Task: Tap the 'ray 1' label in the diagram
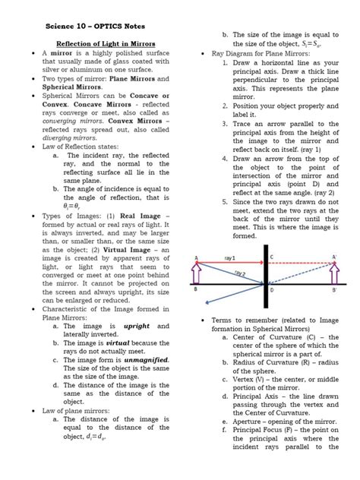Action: [x=230, y=259]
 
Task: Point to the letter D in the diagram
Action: [x=272, y=289]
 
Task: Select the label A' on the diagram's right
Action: [x=335, y=257]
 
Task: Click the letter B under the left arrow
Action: [x=196, y=289]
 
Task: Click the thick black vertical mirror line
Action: [x=264, y=273]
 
